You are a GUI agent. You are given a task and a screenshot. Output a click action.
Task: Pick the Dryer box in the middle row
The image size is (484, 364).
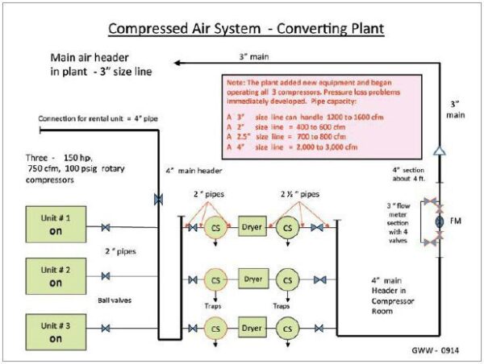pos(251,279)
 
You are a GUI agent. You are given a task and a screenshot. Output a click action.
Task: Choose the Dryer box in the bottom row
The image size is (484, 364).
pos(251,329)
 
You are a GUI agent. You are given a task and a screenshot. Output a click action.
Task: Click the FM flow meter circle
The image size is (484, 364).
pos(440,220)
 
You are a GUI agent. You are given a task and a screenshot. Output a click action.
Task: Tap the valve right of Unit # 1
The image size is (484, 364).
pos(106,228)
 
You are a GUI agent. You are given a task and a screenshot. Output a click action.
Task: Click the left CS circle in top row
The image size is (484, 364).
pos(215,227)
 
